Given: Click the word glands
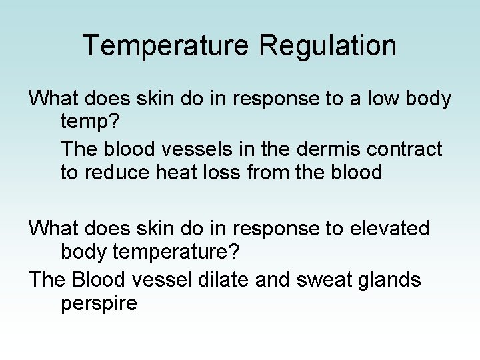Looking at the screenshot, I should [389, 279].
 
